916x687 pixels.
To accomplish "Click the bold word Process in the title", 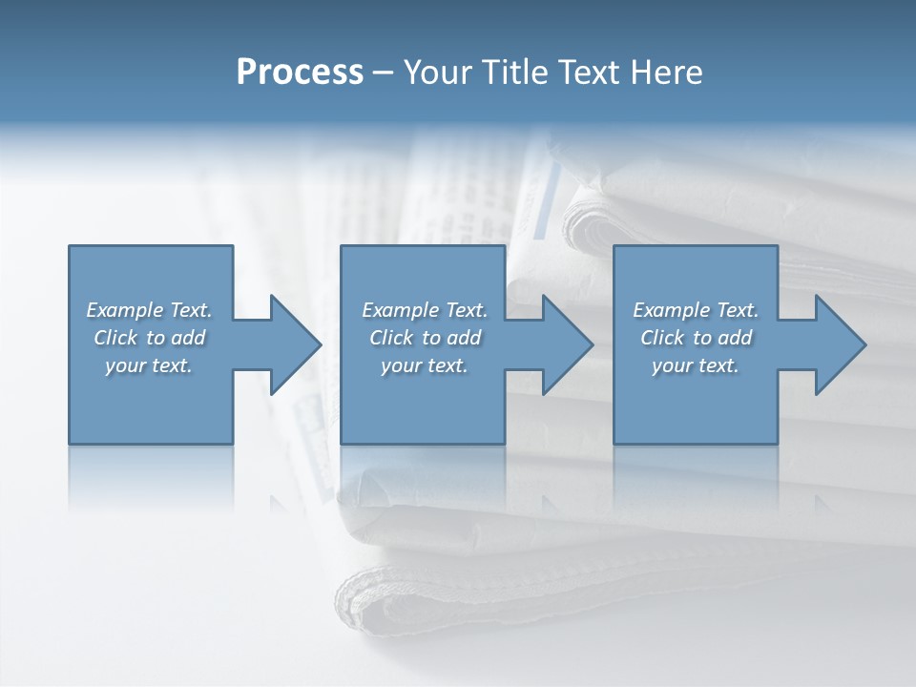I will tap(300, 73).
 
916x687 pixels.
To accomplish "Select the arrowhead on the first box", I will tap(291, 344).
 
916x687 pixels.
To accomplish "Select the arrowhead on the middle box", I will tap(563, 344).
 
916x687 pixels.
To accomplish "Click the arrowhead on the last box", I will tap(836, 344).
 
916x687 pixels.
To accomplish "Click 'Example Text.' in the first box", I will tap(149, 310).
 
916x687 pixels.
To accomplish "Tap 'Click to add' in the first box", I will tap(149, 338).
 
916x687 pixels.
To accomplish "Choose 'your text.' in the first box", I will tap(149, 365).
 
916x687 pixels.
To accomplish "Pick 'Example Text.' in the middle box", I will tap(425, 310).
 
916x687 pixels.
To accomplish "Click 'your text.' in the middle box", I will tap(425, 365).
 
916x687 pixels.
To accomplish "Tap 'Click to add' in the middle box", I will tap(425, 338).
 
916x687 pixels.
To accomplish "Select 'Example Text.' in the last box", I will tap(696, 310).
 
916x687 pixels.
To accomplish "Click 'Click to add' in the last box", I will tap(696, 338).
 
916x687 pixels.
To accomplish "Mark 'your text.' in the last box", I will tap(696, 365).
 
